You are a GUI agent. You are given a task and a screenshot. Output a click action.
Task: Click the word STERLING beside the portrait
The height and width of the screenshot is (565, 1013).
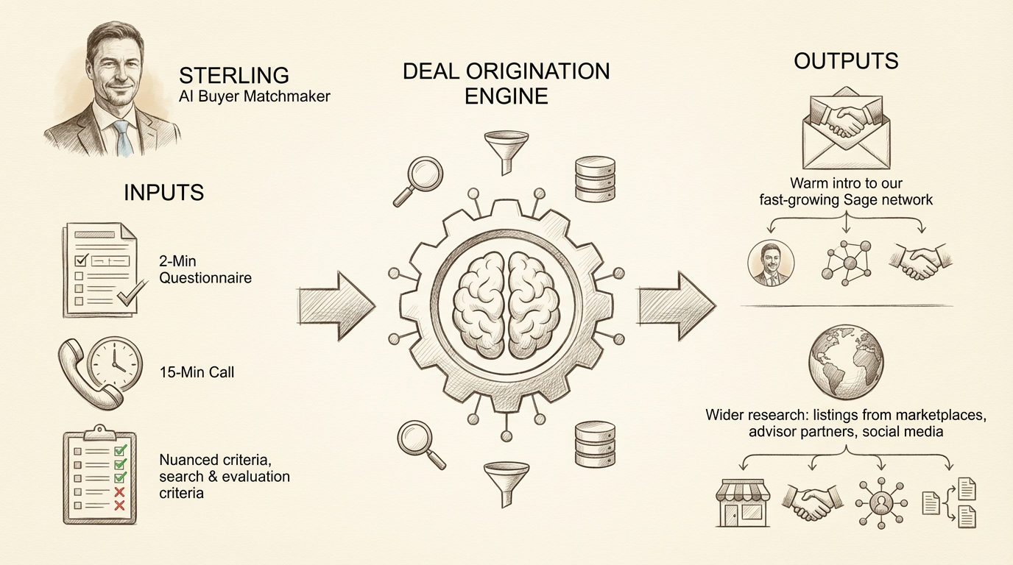[234, 75]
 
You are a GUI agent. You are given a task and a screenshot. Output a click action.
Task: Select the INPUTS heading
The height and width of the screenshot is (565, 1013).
[163, 192]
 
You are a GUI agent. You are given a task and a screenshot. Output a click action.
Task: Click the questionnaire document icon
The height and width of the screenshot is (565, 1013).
[97, 270]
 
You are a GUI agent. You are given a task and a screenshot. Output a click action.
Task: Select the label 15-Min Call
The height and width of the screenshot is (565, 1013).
[197, 372]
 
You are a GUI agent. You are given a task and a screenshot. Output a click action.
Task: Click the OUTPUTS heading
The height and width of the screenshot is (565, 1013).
[846, 60]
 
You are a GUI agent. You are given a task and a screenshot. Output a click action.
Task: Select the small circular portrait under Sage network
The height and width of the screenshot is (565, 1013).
[771, 265]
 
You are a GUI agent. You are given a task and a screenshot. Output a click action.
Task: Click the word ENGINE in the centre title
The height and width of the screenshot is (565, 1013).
[506, 96]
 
